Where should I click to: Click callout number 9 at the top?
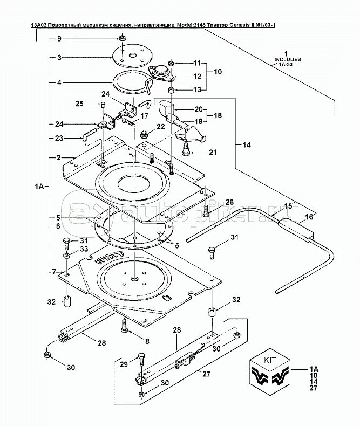[x=59, y=39]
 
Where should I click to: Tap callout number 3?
[x=59, y=57]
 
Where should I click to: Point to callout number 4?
[x=59, y=82]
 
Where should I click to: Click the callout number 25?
[x=79, y=104]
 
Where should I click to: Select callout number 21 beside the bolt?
[x=213, y=153]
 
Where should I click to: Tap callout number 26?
[x=229, y=202]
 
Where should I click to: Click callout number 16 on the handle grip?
[x=309, y=217]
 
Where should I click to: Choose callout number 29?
[x=123, y=365]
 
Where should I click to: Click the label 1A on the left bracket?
[x=39, y=186]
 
